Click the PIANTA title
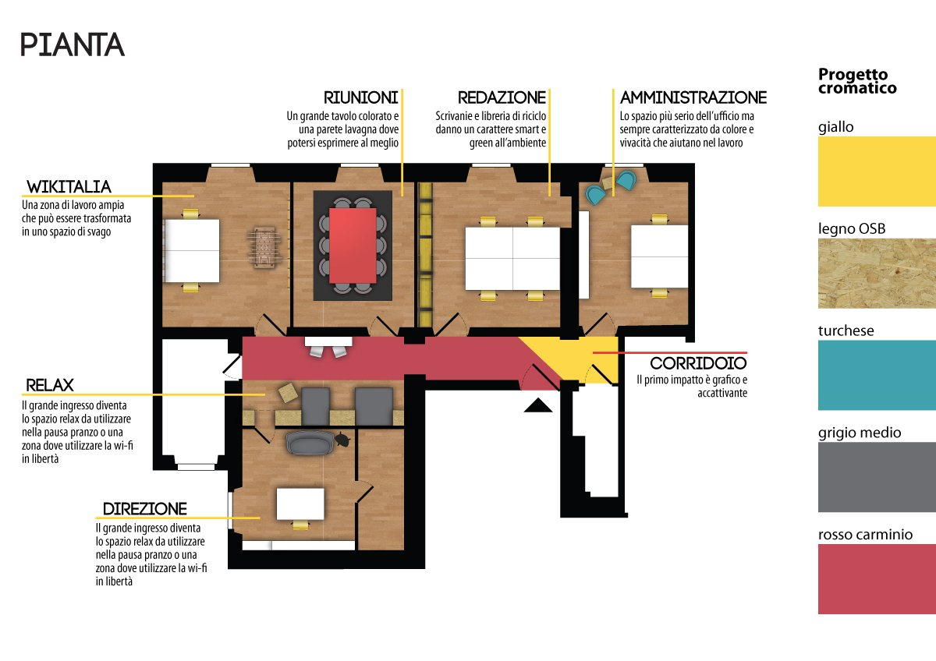coord(73,44)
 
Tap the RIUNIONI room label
coord(360,97)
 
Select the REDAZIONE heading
coord(502,97)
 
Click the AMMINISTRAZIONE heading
coord(693,97)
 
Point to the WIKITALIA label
coord(69,187)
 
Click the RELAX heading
coord(50,385)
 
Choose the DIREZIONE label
coord(145,509)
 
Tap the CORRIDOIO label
coord(698,363)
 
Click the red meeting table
coord(353,246)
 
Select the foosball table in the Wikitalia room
coord(264,248)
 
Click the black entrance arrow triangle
coord(538,405)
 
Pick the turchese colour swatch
coord(877,375)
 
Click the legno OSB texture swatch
coord(877,274)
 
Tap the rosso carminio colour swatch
coord(877,578)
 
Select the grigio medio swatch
coord(877,477)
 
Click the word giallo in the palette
coord(835,127)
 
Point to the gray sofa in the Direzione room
coord(310,443)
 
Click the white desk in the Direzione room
coord(300,504)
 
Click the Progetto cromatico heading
coord(857,81)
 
